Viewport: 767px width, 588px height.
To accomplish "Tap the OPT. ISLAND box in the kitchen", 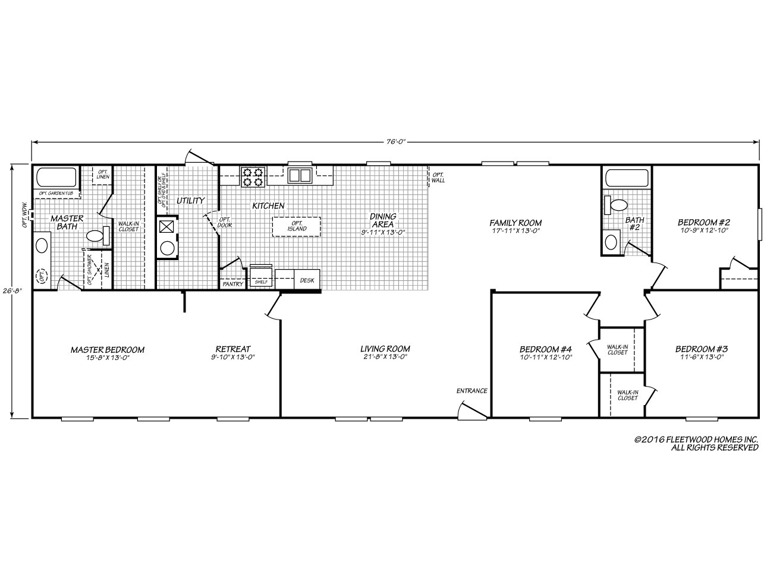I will (296, 226).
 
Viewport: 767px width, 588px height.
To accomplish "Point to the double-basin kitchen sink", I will (300, 175).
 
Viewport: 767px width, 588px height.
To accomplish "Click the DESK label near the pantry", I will (307, 280).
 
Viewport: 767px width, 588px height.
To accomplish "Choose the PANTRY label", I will (232, 284).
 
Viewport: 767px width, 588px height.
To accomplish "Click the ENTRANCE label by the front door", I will (471, 391).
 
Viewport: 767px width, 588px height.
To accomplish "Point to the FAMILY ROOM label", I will (515, 223).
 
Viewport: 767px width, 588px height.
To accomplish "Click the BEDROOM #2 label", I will (703, 222).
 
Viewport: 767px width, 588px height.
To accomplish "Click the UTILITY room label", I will (190, 201).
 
